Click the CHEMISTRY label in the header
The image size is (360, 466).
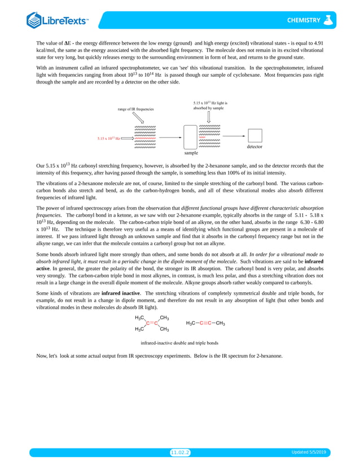pos(303,21)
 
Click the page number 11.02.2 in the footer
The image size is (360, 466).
pos(180,452)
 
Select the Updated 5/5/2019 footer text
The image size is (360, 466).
pos(311,452)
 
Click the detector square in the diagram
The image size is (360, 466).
pos(255,137)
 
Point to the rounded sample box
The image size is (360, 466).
pos(192,137)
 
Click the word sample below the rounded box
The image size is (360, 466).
pos(192,152)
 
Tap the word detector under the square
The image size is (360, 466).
pos(254,147)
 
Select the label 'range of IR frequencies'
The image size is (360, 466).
pos(135,108)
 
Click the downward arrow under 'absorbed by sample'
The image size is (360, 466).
pos(209,117)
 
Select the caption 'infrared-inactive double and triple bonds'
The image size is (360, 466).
pos(179,342)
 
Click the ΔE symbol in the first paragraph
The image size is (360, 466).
pos(66,43)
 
